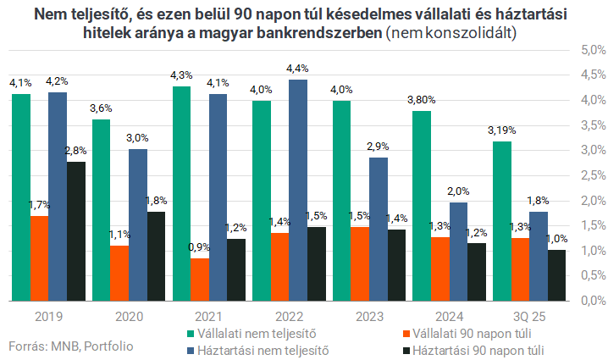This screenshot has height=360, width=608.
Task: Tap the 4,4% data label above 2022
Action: [x=298, y=68]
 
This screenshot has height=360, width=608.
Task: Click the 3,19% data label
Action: [x=501, y=130]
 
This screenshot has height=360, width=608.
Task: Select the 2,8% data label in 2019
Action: [x=76, y=150]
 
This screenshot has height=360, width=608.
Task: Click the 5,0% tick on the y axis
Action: [x=589, y=50]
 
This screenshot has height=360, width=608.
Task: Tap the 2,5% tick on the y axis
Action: [x=589, y=175]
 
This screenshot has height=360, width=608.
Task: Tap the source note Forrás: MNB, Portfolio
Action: [x=71, y=346]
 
